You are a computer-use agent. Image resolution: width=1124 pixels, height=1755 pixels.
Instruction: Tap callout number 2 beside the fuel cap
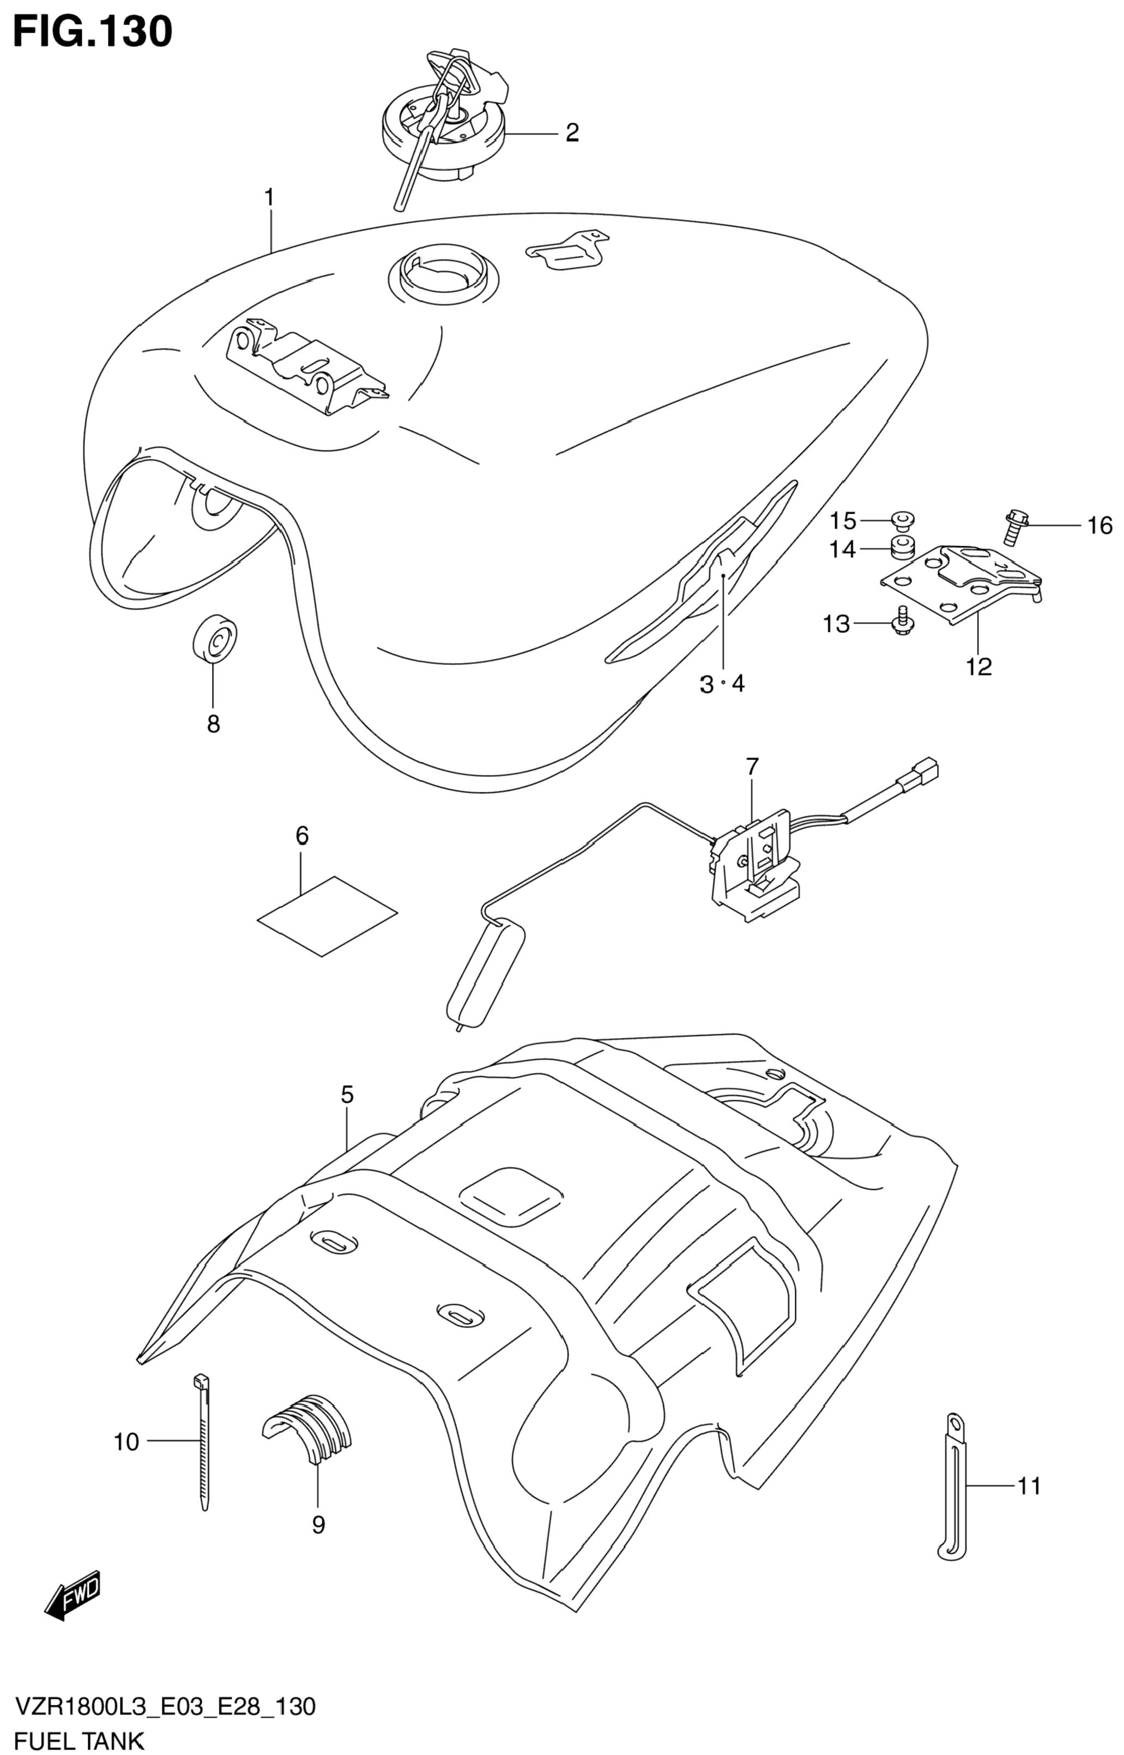[x=572, y=133]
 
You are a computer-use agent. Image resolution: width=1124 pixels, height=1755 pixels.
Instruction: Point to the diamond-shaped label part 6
[x=327, y=915]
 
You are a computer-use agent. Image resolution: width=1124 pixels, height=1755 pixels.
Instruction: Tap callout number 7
[x=752, y=767]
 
